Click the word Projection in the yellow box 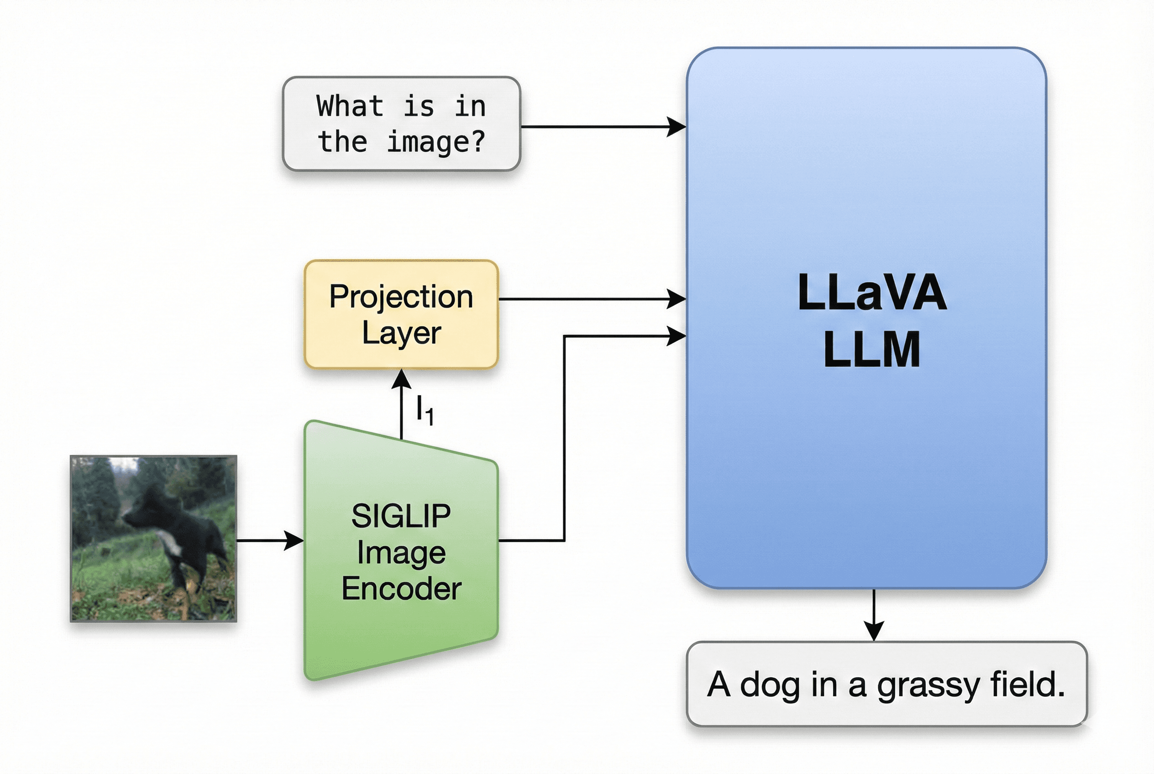coord(401,297)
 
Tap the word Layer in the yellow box coord(401,333)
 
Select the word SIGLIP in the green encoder coord(401,516)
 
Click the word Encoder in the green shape coord(401,588)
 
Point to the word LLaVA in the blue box coord(872,292)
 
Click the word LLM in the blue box coord(872,349)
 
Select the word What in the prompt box coord(350,106)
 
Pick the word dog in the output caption coord(769,685)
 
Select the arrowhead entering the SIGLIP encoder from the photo coord(294,540)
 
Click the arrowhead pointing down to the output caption coord(874,631)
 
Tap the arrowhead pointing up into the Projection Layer coord(401,379)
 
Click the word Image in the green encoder coord(401,552)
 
